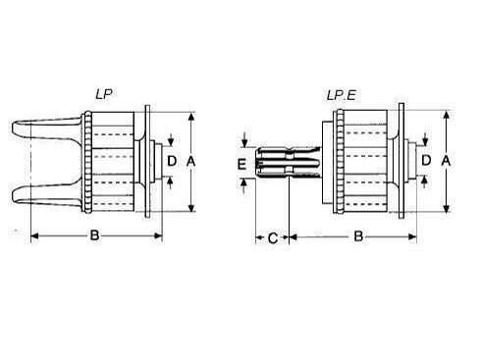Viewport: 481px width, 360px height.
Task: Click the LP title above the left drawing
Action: point(104,94)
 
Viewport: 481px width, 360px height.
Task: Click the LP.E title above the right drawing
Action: point(342,95)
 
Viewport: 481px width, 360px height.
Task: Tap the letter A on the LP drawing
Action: point(190,161)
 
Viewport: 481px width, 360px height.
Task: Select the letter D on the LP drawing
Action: point(172,161)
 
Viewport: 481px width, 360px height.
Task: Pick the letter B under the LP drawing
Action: point(94,234)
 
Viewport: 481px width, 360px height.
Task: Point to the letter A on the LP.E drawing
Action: point(446,161)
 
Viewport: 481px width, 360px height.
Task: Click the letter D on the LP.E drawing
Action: point(426,161)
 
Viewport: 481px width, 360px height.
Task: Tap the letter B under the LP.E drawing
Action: point(358,235)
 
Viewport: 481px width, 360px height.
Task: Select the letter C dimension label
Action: point(273,238)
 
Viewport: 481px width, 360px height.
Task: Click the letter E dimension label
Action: point(241,164)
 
